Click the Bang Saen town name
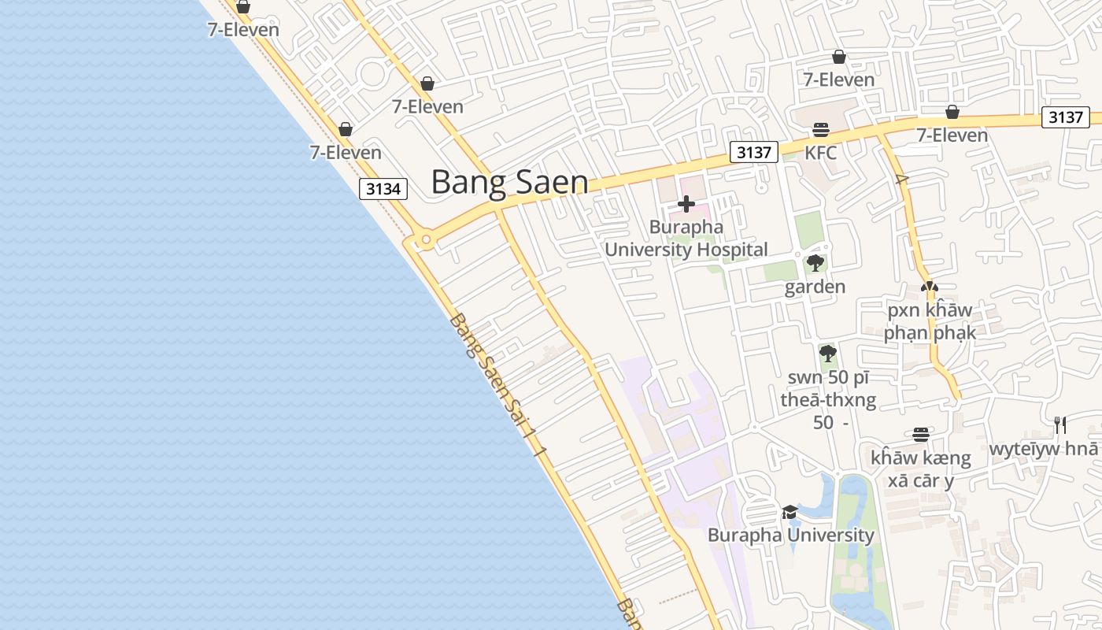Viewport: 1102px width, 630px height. tap(509, 182)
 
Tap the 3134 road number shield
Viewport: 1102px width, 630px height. tap(384, 189)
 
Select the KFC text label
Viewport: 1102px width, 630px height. tap(820, 152)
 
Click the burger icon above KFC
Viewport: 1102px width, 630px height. tap(821, 130)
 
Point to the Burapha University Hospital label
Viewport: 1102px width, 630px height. tap(686, 239)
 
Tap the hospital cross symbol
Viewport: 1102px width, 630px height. tap(686, 205)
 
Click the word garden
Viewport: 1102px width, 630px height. tap(815, 287)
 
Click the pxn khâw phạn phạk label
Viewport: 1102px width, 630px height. tap(930, 321)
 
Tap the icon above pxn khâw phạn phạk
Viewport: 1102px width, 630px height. tap(930, 287)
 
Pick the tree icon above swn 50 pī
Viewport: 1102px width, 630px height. tap(827, 353)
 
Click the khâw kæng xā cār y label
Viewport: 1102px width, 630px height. tap(920, 469)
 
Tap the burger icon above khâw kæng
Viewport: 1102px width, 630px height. tap(921, 435)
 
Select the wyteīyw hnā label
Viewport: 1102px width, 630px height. tap(1043, 449)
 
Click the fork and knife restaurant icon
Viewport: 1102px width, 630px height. tap(1060, 425)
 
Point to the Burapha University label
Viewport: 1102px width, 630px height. tap(790, 535)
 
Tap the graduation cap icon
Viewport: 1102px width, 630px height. tap(790, 513)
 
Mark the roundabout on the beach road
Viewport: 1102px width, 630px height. tap(426, 239)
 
